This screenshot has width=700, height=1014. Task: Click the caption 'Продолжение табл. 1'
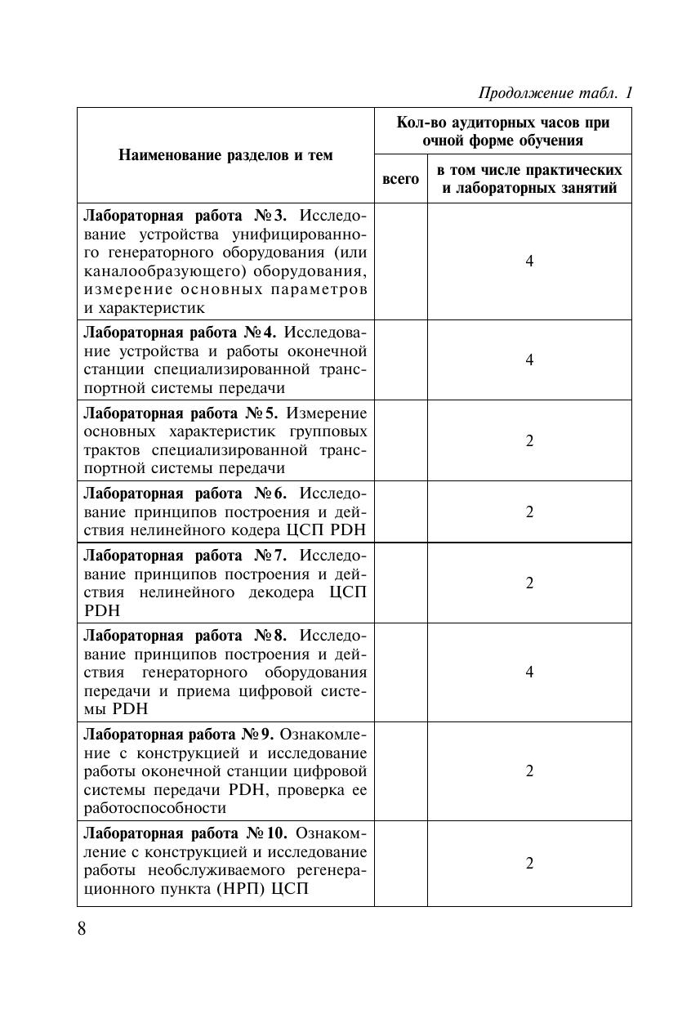click(x=555, y=92)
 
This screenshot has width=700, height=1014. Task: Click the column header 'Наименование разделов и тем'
click(x=225, y=155)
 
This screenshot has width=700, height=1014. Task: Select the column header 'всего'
click(x=400, y=179)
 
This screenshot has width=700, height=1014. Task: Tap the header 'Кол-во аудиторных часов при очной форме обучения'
click(x=502, y=131)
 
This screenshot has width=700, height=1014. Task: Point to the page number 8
click(x=82, y=929)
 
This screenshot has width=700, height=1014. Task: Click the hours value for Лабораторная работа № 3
click(x=529, y=261)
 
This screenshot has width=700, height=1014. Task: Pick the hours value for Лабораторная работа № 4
click(x=529, y=360)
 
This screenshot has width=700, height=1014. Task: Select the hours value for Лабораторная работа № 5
click(x=529, y=440)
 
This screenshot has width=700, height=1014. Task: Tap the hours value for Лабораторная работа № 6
click(x=529, y=511)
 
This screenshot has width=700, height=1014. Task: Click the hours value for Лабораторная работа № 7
click(x=529, y=583)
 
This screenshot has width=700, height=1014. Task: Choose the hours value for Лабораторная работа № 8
click(x=529, y=672)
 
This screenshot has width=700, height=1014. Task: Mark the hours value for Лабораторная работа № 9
click(x=529, y=771)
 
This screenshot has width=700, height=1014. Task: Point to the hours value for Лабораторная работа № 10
click(x=529, y=864)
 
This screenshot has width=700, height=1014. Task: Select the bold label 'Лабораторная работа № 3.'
click(x=186, y=216)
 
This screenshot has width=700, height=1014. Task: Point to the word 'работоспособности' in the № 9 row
click(x=154, y=808)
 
